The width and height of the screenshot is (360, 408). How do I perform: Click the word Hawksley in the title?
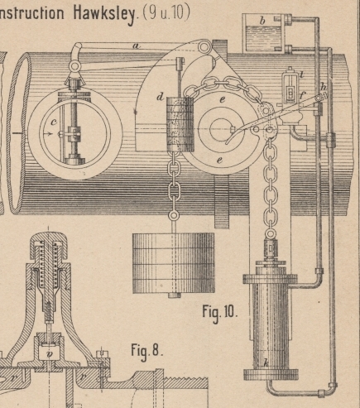pos(104,13)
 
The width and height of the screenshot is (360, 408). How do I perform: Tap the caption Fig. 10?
pos(220,312)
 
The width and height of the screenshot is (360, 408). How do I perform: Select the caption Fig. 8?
pos(147,351)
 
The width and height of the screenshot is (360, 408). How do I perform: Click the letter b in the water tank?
pos(262,21)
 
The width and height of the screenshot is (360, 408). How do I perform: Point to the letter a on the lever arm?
pos(136,46)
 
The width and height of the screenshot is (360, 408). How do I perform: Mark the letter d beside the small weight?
pos(160,97)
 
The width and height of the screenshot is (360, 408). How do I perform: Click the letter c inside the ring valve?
pos(54,122)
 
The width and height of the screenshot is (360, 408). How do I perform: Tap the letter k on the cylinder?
pos(266,362)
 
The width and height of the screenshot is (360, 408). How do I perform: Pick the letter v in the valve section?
pos(50,354)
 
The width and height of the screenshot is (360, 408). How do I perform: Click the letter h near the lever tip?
pos(324,87)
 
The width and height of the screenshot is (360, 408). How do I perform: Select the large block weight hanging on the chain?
pos(174,263)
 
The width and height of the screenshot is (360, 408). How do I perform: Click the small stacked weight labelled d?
pos(180,124)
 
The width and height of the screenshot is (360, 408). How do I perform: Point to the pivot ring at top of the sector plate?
pos(204,46)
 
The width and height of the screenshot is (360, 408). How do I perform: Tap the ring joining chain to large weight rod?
pos(174,215)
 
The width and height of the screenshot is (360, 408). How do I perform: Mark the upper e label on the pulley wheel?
pos(223,100)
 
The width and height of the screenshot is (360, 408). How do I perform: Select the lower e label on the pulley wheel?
pos(219,161)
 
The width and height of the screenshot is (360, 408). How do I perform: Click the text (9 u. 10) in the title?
pos(166,12)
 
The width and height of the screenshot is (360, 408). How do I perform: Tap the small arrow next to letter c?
pos(48,134)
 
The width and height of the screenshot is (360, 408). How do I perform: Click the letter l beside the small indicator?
pos(301,74)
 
